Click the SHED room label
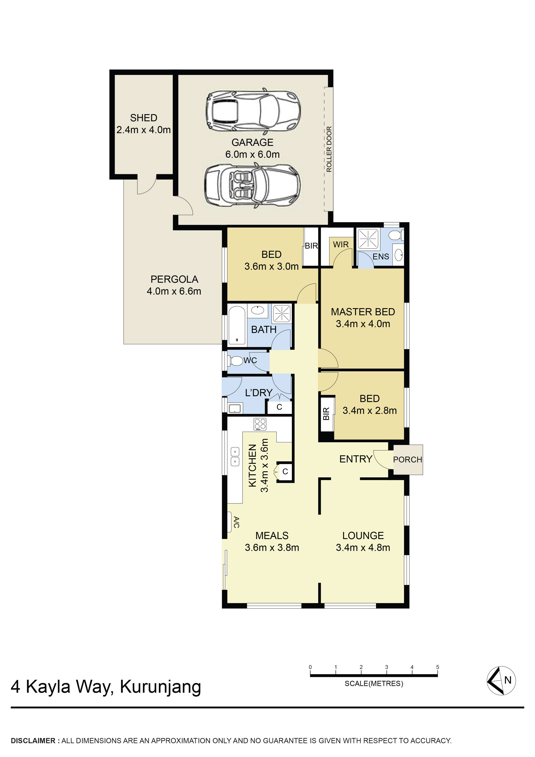coord(144,118)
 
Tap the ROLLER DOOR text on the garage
coord(329,149)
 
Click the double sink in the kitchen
coord(235,456)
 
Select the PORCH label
coord(408,460)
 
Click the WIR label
coord(341,244)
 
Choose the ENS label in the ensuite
coord(381,257)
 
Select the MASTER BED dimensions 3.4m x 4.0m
coord(363,324)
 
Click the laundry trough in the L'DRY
coord(235,408)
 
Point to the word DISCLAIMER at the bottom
coord(33,741)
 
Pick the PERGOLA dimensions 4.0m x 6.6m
coord(174,291)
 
